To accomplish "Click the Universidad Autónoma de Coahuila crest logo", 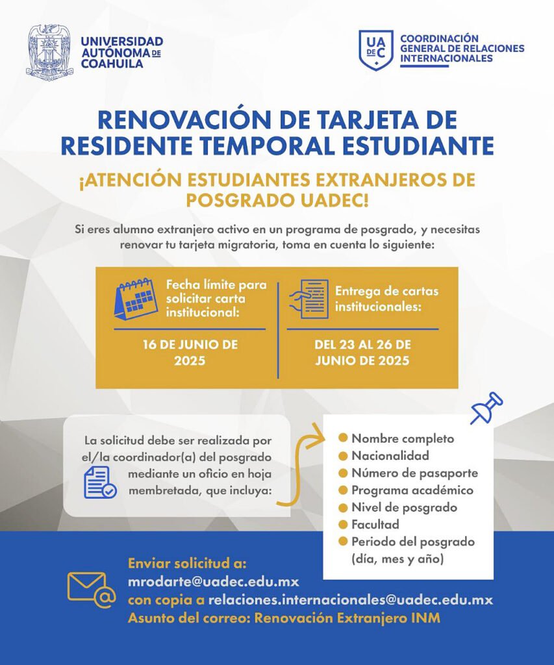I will (x=49, y=51).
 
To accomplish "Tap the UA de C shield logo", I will (x=375, y=50).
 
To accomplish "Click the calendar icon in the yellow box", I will (x=136, y=298).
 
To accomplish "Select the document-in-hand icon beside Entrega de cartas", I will (x=308, y=298).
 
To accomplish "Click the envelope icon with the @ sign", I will (x=91, y=589).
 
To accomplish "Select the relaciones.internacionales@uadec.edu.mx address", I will (x=350, y=599).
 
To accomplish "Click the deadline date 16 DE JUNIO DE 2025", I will (x=190, y=352).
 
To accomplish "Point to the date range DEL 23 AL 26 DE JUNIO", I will (x=362, y=352).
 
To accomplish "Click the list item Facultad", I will (x=375, y=524).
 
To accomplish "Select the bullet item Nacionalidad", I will (x=390, y=455).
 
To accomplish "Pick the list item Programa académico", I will (x=412, y=490).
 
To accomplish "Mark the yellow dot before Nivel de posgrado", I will (x=343, y=507).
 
